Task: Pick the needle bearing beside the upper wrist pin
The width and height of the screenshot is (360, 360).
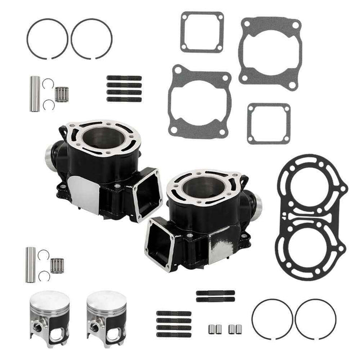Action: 63,93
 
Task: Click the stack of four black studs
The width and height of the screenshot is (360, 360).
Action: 124,88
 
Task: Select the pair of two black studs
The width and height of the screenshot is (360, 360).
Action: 215,296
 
